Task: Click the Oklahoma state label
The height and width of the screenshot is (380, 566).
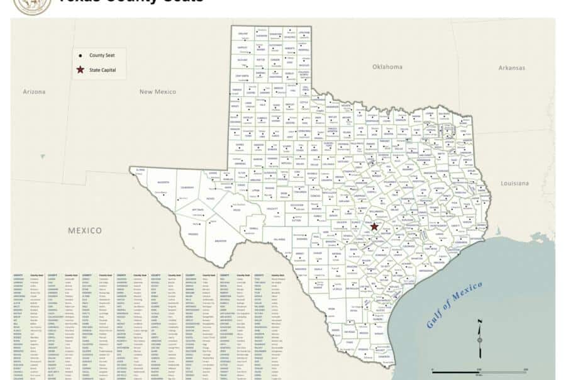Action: coord(387,66)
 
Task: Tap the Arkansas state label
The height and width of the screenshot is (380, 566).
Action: coord(511,67)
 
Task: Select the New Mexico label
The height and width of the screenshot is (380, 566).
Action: coord(157,92)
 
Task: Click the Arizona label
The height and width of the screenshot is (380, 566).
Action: coord(34,92)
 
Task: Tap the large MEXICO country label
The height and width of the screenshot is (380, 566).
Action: coord(84,230)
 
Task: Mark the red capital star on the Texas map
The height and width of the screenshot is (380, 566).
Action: coord(374,227)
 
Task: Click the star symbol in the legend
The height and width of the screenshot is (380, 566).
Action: coord(80,70)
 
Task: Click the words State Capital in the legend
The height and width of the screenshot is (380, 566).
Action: coord(103,70)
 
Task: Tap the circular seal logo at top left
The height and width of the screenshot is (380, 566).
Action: coord(33,5)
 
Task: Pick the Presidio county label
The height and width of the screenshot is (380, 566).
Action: coord(193,233)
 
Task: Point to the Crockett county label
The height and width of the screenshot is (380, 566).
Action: coord(272,208)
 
